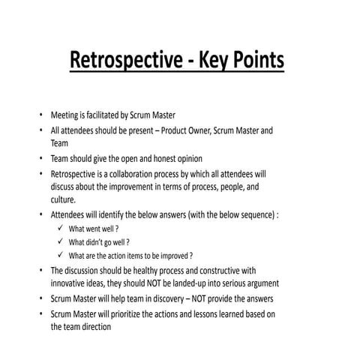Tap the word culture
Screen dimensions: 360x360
(x=62, y=199)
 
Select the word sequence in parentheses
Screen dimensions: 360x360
(x=251, y=214)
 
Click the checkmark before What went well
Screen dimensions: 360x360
(x=60, y=228)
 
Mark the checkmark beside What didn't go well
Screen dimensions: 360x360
(x=60, y=241)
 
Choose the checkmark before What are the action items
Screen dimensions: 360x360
(x=60, y=255)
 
